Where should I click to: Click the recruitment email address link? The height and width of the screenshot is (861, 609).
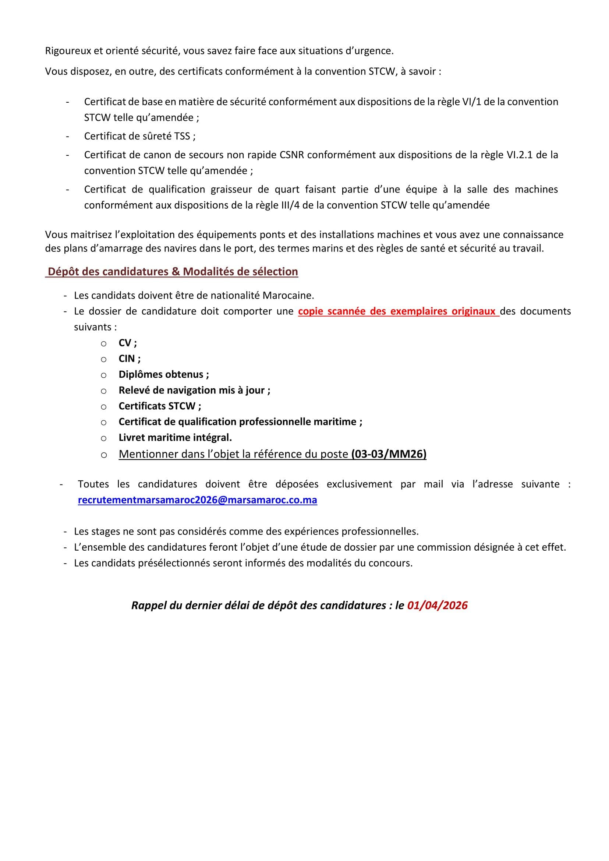click(197, 500)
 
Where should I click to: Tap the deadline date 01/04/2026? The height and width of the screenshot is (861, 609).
click(437, 606)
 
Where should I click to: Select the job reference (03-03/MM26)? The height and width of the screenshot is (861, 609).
click(389, 454)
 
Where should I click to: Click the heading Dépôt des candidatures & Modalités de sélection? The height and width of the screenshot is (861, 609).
click(173, 272)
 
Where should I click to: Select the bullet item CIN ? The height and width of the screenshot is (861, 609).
click(130, 359)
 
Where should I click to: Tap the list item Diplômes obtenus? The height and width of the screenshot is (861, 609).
click(163, 374)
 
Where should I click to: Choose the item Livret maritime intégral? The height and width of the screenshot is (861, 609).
click(175, 437)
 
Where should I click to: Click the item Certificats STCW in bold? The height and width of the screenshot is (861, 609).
click(159, 406)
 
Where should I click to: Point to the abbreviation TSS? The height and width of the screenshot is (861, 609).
click(182, 136)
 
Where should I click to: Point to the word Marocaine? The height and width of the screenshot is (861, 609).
click(288, 296)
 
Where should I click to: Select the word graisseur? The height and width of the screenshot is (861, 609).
click(231, 190)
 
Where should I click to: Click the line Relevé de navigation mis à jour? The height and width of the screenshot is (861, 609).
click(194, 390)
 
